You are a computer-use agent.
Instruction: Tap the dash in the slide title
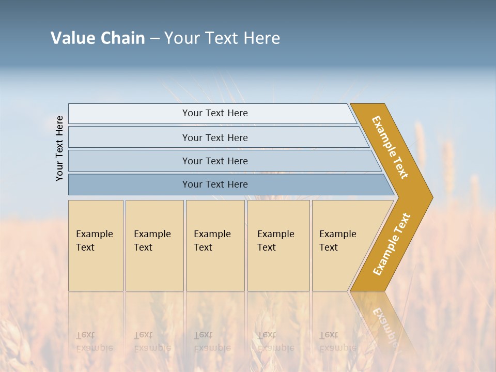point(154,39)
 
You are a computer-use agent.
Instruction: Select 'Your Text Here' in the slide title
point(222,38)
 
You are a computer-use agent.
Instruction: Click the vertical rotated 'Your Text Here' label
point(59,148)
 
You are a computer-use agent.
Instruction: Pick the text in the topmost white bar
point(215,113)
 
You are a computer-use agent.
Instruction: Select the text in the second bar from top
point(215,138)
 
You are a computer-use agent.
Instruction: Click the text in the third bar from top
point(215,161)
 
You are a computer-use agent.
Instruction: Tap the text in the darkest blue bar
point(215,184)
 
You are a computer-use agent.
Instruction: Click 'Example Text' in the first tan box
point(94,241)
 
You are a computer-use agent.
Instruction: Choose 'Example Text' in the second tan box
point(152,241)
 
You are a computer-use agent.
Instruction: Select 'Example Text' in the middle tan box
point(212,241)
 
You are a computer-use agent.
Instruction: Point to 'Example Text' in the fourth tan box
point(275,241)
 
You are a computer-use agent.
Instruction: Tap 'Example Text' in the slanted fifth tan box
point(337,241)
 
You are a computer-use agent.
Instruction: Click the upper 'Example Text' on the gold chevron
point(390,147)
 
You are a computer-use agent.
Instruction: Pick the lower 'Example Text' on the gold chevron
point(392,244)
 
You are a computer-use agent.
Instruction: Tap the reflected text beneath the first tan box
point(94,342)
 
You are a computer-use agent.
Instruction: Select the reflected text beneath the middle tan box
point(212,342)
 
